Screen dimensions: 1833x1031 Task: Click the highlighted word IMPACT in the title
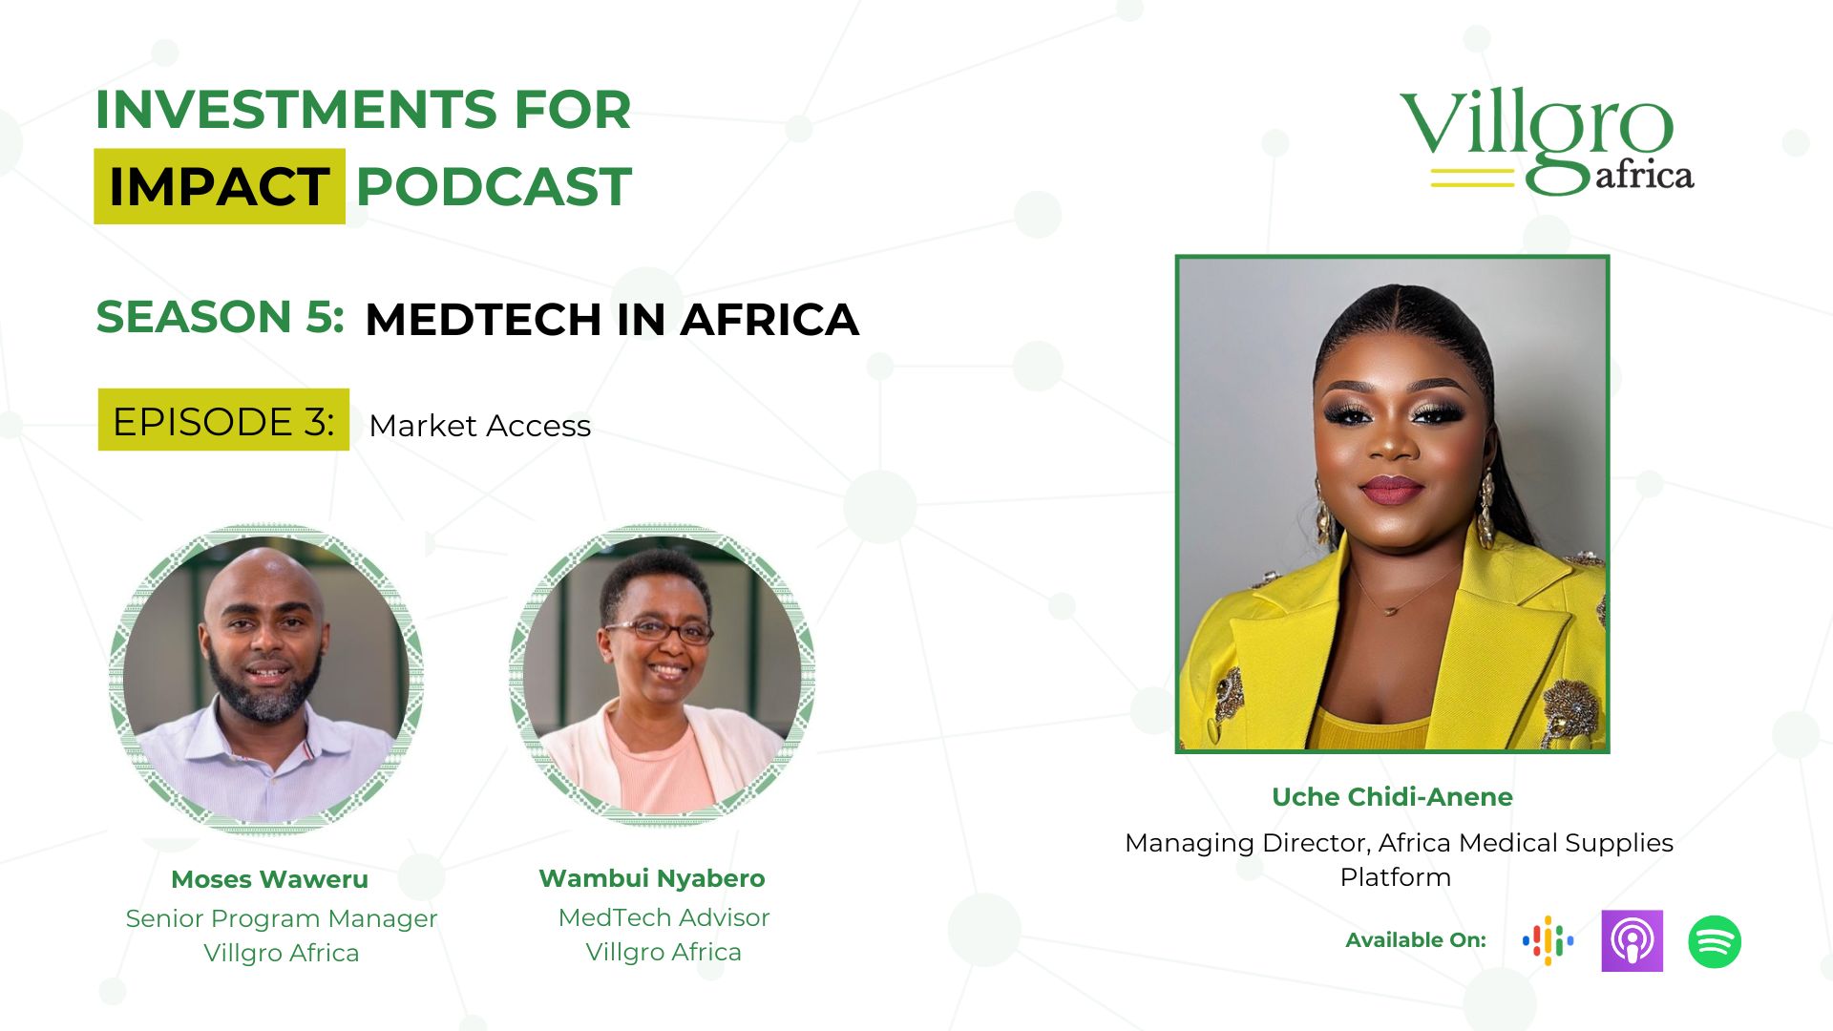tap(220, 186)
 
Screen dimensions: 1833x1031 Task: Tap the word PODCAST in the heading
tap(494, 186)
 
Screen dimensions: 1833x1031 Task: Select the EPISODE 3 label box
tap(223, 420)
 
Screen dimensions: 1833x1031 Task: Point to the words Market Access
tap(480, 426)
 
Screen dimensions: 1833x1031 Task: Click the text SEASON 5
tap(220, 317)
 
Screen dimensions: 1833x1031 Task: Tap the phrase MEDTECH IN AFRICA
tap(612, 319)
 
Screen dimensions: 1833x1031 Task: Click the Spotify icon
tap(1715, 942)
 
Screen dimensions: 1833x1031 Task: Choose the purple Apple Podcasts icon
tap(1633, 941)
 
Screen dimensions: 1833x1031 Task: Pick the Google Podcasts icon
tap(1548, 941)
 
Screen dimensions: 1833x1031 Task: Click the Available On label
tap(1416, 940)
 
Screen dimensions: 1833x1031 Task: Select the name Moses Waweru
tap(269, 879)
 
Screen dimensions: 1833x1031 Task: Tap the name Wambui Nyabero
tap(652, 878)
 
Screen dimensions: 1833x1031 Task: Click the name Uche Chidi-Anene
tap(1392, 797)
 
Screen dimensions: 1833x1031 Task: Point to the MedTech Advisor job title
tap(664, 917)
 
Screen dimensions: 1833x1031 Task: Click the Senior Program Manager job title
tap(282, 919)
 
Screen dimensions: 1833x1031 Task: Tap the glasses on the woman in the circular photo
tap(659, 631)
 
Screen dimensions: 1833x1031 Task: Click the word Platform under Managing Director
tap(1396, 877)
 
